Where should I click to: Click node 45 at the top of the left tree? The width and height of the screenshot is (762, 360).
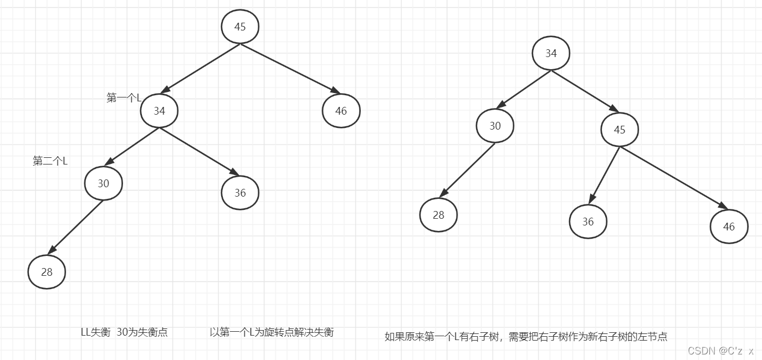click(240, 27)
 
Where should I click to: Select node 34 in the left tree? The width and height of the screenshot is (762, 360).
click(159, 111)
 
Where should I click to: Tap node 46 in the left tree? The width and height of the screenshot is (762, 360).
click(341, 111)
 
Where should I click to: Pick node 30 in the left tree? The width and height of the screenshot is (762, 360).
click(104, 183)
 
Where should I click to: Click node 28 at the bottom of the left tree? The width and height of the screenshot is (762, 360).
click(47, 272)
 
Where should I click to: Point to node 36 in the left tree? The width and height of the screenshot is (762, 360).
click(240, 193)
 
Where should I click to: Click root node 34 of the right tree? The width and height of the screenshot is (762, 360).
click(551, 53)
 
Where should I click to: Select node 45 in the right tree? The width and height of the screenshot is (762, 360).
click(620, 130)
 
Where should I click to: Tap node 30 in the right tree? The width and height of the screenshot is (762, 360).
click(495, 126)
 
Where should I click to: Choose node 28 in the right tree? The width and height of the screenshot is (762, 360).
click(438, 215)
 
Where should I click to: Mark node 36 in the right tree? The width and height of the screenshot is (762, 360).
click(588, 222)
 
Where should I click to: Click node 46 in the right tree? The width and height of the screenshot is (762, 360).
click(729, 227)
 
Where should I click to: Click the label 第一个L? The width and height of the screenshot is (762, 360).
click(124, 98)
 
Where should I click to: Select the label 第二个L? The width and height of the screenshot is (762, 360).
click(50, 161)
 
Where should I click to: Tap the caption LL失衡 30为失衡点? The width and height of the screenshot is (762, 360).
click(124, 332)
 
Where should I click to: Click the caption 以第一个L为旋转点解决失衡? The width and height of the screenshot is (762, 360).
click(272, 332)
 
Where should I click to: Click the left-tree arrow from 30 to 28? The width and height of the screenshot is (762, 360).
click(76, 227)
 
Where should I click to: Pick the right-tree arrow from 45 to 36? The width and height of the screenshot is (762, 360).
click(605, 175)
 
